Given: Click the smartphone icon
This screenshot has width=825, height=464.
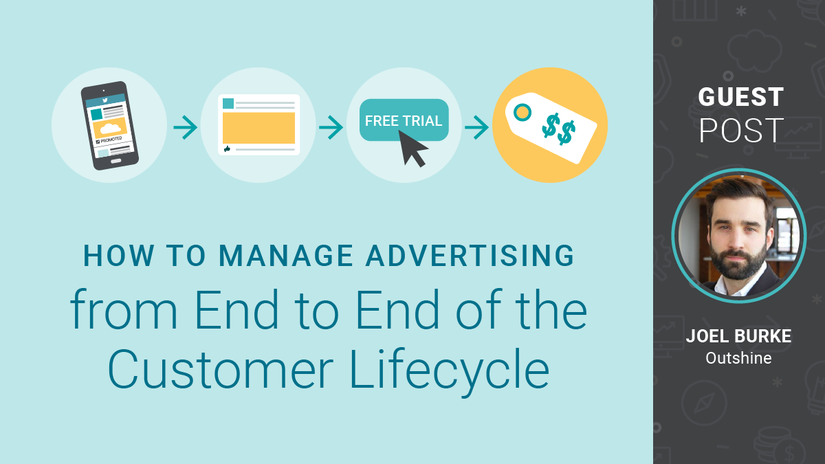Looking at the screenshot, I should pos(109,125).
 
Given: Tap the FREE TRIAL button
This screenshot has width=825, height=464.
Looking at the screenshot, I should pos(404,121).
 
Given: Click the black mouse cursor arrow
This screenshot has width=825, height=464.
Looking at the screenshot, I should pos(413,148).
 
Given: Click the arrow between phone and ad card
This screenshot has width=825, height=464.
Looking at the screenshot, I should pos(184,127).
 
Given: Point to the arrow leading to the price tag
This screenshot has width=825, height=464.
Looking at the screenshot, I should pos(476,127).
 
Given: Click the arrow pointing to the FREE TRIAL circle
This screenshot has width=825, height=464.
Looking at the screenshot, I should pos(331,127).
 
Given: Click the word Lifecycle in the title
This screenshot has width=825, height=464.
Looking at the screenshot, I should pos(450,371).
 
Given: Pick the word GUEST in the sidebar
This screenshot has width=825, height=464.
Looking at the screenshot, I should pos(740,97).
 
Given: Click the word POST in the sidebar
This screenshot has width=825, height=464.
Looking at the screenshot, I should pos(740,131).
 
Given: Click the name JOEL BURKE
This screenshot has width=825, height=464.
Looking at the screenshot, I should pos(738,337).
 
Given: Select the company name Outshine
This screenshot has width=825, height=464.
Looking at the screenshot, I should pos(738,358).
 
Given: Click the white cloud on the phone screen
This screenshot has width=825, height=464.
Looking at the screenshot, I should pos(109,128).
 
